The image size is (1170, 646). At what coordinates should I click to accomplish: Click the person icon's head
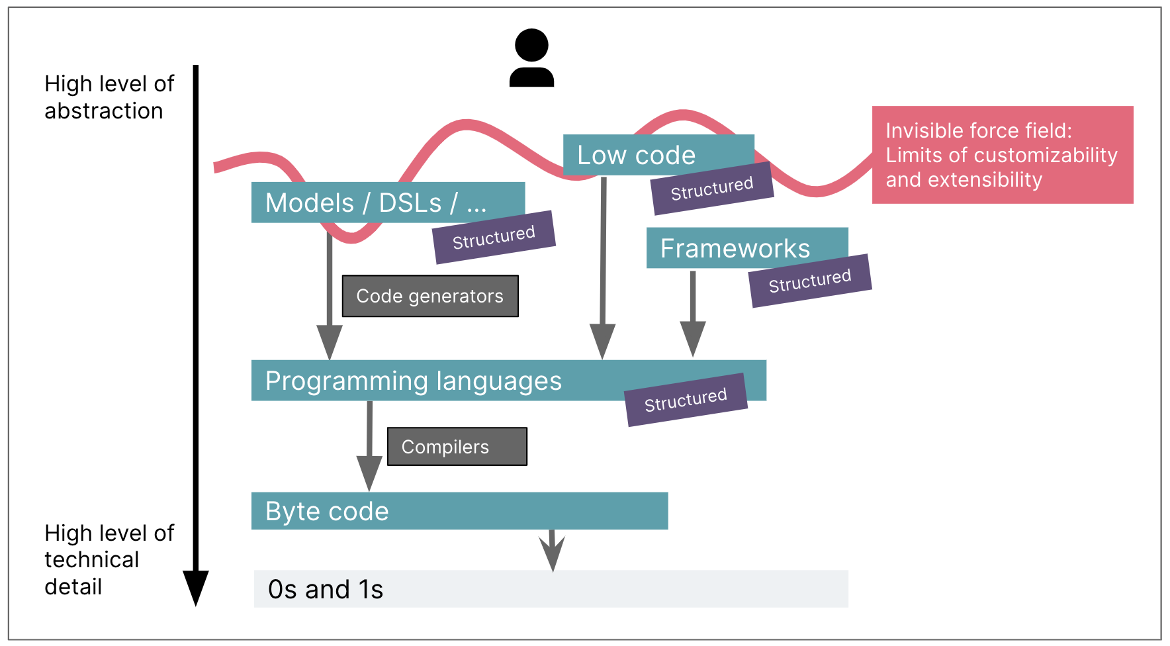[x=531, y=45]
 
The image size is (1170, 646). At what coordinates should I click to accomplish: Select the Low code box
[x=635, y=155]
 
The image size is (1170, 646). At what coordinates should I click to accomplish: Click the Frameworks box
[x=735, y=248]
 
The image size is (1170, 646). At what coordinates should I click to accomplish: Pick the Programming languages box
[x=414, y=381]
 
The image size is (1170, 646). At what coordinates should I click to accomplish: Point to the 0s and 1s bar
[x=551, y=589]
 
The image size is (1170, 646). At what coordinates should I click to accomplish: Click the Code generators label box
[x=430, y=296]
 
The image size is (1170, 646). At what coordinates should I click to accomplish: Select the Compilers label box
[x=457, y=447]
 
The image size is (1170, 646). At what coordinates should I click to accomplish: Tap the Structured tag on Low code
[x=712, y=189]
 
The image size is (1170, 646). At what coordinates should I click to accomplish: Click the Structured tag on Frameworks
[x=810, y=281]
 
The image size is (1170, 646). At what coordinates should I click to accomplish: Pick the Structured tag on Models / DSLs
[x=494, y=237]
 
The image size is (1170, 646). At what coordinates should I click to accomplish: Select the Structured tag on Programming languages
[x=686, y=400]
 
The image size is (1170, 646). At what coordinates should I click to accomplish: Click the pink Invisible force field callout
[x=1002, y=155]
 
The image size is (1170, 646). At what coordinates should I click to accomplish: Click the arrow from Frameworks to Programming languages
[x=693, y=311]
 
